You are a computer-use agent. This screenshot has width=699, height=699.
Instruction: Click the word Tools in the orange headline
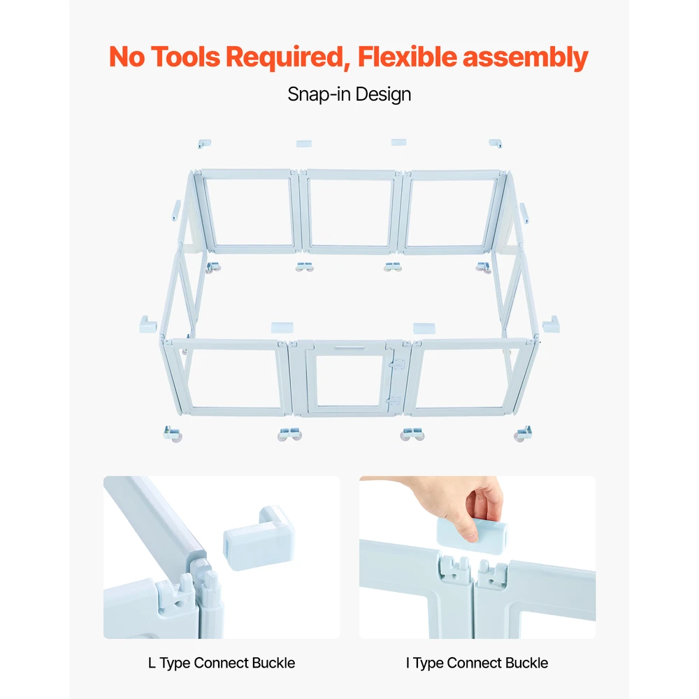click(185, 57)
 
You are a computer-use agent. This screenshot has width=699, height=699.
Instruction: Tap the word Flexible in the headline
click(408, 57)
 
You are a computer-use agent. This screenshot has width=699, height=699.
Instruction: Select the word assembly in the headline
click(526, 58)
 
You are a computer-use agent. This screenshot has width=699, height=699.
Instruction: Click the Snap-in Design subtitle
click(349, 94)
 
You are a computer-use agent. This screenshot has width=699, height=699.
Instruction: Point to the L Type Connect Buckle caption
click(222, 663)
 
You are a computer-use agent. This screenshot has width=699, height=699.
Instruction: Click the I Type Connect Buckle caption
click(477, 663)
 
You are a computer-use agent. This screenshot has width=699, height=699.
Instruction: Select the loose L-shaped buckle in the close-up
click(259, 538)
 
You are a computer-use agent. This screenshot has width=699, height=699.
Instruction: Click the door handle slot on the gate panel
click(350, 347)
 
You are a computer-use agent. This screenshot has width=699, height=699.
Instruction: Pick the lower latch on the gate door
click(393, 401)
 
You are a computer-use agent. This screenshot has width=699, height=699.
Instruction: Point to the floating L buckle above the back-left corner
click(204, 143)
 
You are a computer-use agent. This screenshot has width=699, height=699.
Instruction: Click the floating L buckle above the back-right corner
click(496, 143)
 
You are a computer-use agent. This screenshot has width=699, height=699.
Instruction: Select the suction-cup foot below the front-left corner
click(173, 434)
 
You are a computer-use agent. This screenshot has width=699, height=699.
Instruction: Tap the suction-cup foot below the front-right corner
click(523, 434)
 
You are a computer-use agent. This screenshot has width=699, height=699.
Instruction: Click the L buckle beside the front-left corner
click(147, 324)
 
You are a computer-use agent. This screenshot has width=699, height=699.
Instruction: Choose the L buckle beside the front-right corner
click(551, 324)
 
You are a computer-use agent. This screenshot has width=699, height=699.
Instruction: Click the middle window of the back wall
click(350, 212)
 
